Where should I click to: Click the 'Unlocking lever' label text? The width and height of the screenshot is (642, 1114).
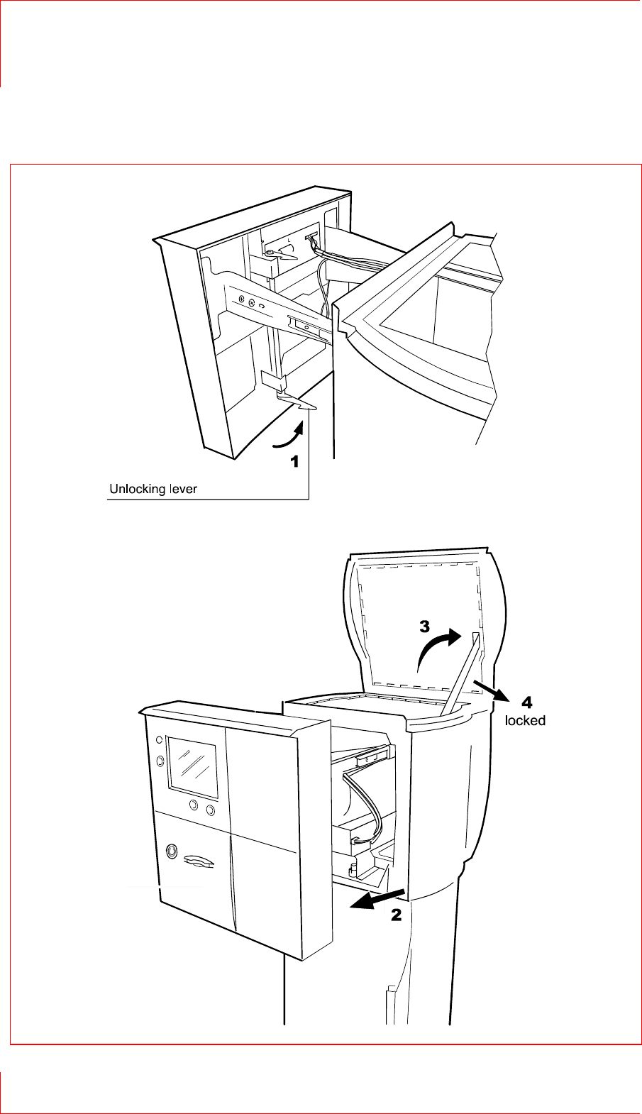click(x=153, y=489)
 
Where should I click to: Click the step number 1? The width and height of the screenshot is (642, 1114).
click(x=294, y=461)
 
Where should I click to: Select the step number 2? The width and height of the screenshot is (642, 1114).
click(x=397, y=915)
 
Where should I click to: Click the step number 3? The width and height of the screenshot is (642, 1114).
click(x=424, y=627)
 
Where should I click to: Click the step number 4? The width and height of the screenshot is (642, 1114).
click(x=527, y=703)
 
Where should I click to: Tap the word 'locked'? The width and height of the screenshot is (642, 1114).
click(x=525, y=721)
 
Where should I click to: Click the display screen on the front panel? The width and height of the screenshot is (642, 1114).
click(x=192, y=767)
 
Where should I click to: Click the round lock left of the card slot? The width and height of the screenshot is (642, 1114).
click(x=171, y=851)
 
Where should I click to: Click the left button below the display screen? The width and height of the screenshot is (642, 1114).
click(x=194, y=805)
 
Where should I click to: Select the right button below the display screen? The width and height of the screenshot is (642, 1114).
click(x=210, y=810)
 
